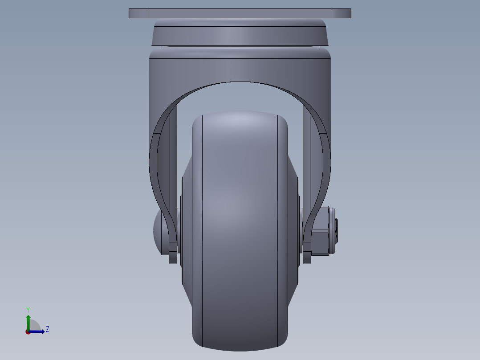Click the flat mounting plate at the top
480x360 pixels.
[x=240, y=13]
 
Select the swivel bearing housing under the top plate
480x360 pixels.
[x=240, y=33]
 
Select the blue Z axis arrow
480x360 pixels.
[x=37, y=331]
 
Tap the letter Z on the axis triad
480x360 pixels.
[x=47, y=329]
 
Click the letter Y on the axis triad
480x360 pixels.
[x=28, y=309]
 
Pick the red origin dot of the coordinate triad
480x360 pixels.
[x=28, y=332]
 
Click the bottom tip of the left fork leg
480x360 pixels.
[x=173, y=258]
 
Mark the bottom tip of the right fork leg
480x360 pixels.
[x=307, y=258]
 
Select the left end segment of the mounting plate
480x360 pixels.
[x=138, y=13]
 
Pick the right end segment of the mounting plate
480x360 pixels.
[x=341, y=13]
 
